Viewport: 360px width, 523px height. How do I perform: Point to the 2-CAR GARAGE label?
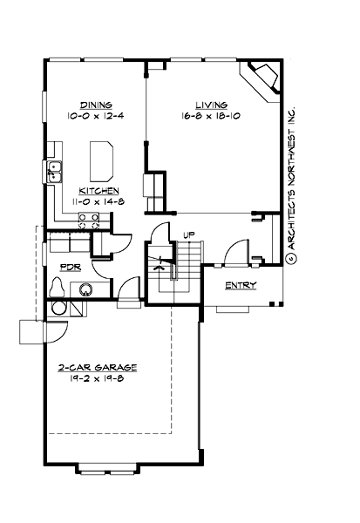[98, 369]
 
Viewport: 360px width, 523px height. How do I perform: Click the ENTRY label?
[240, 285]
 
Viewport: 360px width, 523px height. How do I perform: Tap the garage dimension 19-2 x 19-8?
[98, 381]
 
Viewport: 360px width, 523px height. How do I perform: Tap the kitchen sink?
[54, 169]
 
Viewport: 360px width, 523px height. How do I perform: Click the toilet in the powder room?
[58, 285]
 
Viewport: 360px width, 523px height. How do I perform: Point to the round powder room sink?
[87, 289]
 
